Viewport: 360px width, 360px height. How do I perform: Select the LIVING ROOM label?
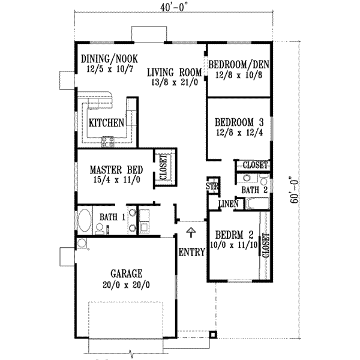pyautogui.click(x=175, y=72)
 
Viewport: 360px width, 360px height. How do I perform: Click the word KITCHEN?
pyautogui.click(x=106, y=122)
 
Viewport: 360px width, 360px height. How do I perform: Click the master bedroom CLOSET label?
pyautogui.click(x=163, y=167)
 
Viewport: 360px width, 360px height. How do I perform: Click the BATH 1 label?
pyautogui.click(x=111, y=216)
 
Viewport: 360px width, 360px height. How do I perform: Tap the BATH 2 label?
pyautogui.click(x=254, y=190)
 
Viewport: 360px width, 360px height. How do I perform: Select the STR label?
pyautogui.click(x=212, y=186)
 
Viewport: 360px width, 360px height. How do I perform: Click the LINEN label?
pyautogui.click(x=229, y=204)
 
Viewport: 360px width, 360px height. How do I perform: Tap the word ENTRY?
pyautogui.click(x=192, y=253)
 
